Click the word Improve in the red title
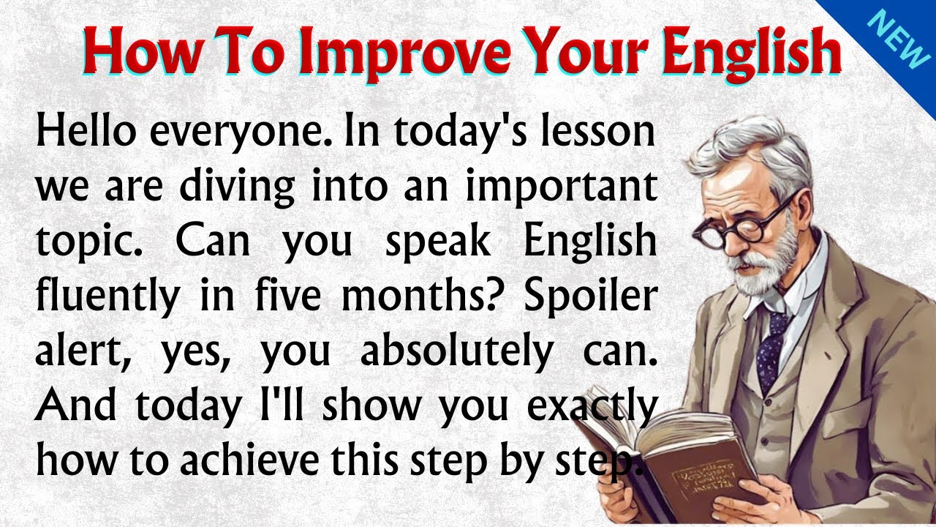[x=396, y=53]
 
